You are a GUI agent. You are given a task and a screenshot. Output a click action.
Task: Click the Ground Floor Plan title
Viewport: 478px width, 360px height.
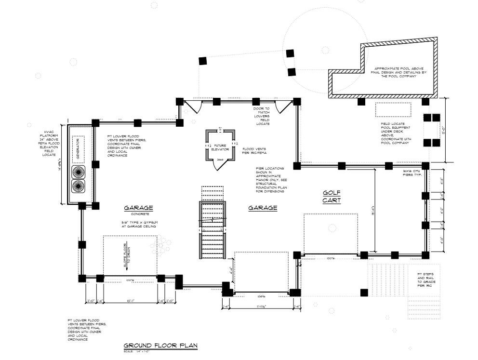click(160, 346)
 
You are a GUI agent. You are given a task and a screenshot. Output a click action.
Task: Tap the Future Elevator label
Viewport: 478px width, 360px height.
click(220, 147)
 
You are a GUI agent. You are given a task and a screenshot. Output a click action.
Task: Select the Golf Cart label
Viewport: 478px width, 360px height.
click(332, 196)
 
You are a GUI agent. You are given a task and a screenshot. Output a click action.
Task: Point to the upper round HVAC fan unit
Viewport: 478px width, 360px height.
click(78, 172)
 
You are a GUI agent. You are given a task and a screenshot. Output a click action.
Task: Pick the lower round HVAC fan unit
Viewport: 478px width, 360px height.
click(78, 186)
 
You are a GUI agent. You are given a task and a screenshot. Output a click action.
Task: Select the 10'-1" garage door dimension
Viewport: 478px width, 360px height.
click(130, 301)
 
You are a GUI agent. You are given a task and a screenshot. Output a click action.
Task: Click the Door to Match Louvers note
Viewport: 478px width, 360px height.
click(262, 116)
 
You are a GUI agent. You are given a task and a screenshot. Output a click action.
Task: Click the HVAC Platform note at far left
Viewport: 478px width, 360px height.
click(48, 143)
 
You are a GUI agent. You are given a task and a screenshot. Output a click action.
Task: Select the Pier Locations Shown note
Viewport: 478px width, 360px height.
click(270, 180)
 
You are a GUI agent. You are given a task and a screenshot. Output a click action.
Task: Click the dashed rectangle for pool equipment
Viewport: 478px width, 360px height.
click(393, 109)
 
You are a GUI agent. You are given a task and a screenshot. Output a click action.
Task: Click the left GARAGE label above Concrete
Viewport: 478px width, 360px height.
click(138, 208)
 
